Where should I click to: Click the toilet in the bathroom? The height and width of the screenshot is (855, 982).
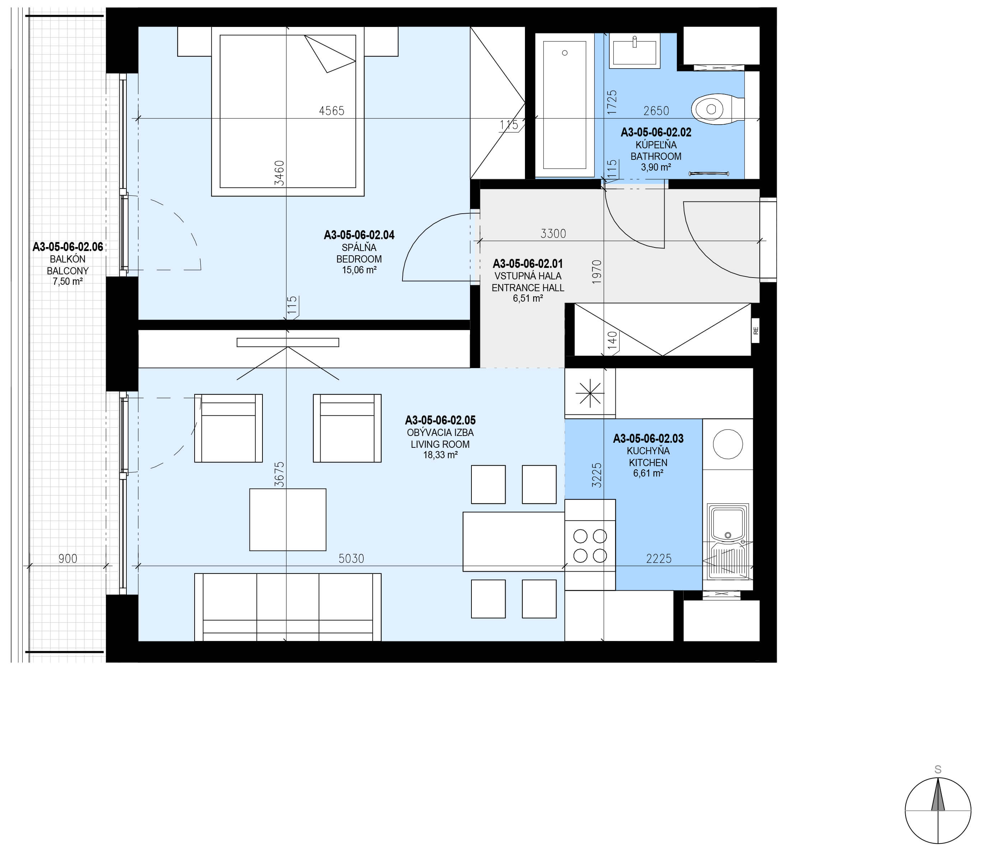click(x=717, y=109)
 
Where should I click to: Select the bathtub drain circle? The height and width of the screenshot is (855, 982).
click(x=565, y=53)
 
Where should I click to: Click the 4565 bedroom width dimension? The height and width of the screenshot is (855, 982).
click(x=331, y=111)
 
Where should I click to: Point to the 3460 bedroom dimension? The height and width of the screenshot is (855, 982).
click(x=279, y=173)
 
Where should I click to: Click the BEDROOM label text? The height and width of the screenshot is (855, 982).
click(x=359, y=259)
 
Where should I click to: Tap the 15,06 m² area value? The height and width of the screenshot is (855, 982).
click(x=359, y=270)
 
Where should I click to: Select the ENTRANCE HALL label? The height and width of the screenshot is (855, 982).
click(x=528, y=288)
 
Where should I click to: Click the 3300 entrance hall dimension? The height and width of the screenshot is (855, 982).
click(x=553, y=234)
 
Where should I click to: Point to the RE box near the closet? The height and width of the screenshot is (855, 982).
click(x=755, y=330)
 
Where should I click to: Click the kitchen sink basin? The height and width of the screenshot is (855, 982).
click(x=728, y=522)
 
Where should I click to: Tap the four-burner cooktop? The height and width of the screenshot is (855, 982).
click(x=590, y=545)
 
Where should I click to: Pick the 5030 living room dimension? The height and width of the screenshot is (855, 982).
click(x=351, y=559)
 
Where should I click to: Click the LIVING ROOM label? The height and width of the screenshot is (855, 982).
click(x=440, y=444)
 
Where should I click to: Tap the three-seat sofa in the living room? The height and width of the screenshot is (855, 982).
click(x=288, y=607)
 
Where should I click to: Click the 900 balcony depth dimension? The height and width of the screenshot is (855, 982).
click(x=68, y=559)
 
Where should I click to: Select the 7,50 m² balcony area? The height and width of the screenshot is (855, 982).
click(x=68, y=282)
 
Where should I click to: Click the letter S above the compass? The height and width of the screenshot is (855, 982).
click(x=937, y=770)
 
